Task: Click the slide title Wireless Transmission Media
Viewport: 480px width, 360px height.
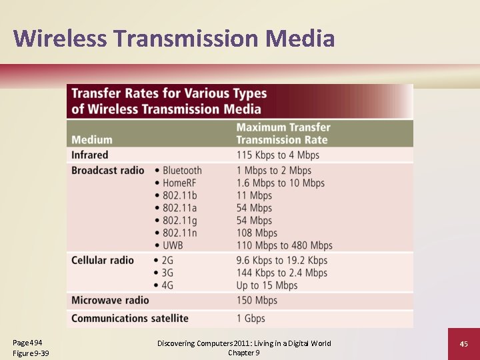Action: [x=173, y=38]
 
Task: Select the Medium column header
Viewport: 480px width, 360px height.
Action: [x=91, y=140]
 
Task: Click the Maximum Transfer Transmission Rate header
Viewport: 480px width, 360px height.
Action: [x=283, y=133]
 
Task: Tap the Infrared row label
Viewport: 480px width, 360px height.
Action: [x=89, y=155]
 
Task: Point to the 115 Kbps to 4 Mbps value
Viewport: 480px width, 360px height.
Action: [x=277, y=155]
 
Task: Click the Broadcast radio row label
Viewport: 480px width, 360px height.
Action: [x=107, y=170]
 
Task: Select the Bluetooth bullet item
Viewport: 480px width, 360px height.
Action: [x=181, y=171]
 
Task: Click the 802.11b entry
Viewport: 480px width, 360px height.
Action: [x=180, y=195]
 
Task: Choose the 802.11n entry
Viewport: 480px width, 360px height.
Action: [x=180, y=233]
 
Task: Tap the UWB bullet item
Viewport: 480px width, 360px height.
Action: [x=172, y=245]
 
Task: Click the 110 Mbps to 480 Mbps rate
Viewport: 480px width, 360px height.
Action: [x=284, y=245]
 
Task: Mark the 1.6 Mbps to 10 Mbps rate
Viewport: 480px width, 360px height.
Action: [x=280, y=183]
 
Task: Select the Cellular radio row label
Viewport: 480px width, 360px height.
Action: [x=103, y=260]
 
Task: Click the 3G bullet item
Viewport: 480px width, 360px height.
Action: [x=167, y=273]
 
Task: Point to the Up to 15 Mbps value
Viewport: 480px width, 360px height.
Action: [x=267, y=285]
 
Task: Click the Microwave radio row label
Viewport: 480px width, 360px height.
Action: [x=110, y=301]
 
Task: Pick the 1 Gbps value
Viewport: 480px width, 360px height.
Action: [x=251, y=318]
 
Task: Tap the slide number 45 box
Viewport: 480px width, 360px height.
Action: [x=464, y=344]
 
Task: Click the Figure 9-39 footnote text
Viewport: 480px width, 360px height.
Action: [x=31, y=353]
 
